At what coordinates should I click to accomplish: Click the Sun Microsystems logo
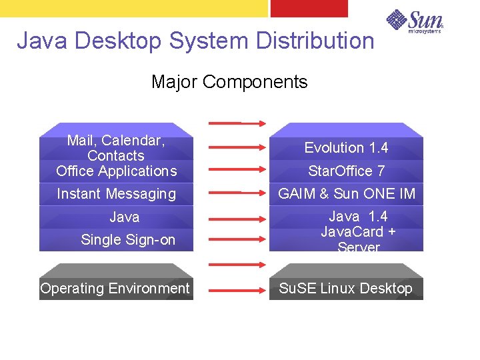click(x=414, y=21)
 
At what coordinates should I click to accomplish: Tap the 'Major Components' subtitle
click(x=229, y=82)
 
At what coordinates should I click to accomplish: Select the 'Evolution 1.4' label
click(x=346, y=147)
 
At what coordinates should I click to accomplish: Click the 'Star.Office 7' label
click(x=346, y=171)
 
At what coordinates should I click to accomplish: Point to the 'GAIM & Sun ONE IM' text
click(x=346, y=194)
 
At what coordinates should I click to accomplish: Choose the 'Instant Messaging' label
click(x=116, y=194)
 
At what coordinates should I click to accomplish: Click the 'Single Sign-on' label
click(x=127, y=240)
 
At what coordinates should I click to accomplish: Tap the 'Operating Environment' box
click(x=115, y=288)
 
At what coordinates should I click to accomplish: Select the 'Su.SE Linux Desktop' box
click(x=345, y=288)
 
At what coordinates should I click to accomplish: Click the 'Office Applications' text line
click(x=116, y=171)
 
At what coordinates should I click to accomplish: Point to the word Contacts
click(x=116, y=156)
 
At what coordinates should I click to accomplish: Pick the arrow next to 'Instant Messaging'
click(x=237, y=192)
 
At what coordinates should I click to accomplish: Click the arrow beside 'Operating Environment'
click(x=237, y=290)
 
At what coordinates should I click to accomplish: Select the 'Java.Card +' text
click(x=358, y=232)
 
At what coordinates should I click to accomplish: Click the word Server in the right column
click(x=358, y=247)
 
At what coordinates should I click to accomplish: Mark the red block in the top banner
click(x=309, y=8)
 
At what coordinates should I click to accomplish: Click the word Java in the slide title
click(x=43, y=41)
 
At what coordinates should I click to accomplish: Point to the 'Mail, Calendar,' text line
click(x=116, y=141)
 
